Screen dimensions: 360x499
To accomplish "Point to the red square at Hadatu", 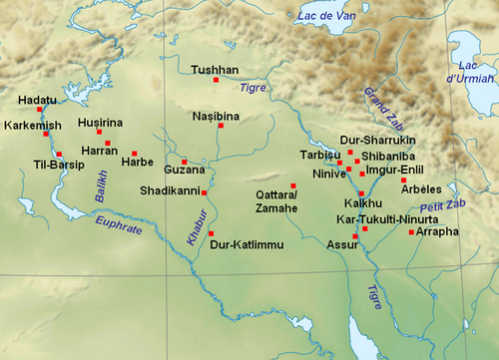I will (40, 111).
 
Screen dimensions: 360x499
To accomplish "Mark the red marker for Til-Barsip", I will (60, 154).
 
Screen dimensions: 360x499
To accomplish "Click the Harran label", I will (99, 151).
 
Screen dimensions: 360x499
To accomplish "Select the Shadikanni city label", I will (170, 190).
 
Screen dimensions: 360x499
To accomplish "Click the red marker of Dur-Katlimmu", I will (212, 233).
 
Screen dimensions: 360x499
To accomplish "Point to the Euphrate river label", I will (119, 227).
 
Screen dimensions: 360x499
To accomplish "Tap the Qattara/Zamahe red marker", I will (293, 185).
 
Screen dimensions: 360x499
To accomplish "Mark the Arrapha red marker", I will (411, 232).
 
